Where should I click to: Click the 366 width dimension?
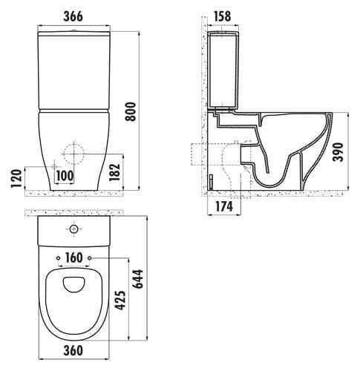tap(73, 16)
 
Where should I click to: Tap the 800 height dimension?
tap(131, 111)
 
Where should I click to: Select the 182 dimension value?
tap(114, 172)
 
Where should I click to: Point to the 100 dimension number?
tap(65, 176)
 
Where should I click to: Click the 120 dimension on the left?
tap(16, 178)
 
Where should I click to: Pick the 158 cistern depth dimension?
tap(222, 16)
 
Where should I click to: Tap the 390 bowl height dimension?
tap(338, 152)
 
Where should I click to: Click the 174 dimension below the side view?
tap(224, 206)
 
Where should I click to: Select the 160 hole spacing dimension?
tap(74, 257)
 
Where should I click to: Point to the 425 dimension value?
tap(120, 301)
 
